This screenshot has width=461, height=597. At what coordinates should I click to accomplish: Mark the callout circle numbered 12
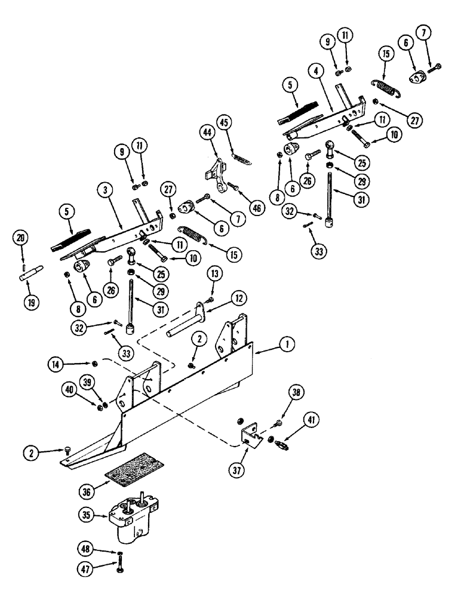click(222, 296)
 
